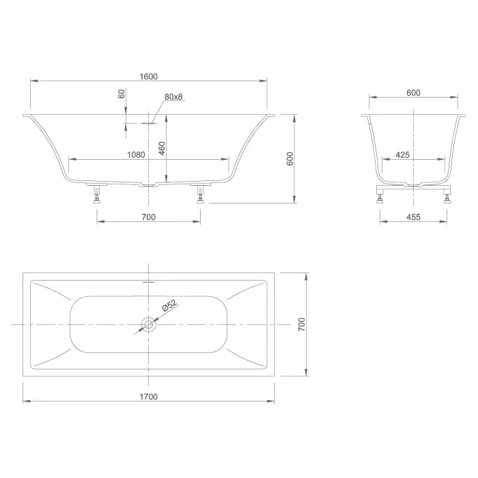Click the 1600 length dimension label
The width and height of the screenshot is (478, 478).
click(148, 76)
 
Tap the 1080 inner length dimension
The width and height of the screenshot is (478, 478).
click(136, 154)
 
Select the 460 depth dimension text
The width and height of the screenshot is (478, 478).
click(162, 148)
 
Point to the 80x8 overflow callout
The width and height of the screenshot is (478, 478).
click(173, 97)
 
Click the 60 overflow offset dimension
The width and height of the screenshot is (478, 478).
click(122, 94)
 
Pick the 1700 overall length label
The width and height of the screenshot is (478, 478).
click(148, 397)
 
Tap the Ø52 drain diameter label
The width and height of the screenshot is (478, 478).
click(169, 305)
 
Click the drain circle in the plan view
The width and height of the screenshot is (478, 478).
click(148, 324)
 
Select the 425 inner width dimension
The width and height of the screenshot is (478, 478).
click(402, 155)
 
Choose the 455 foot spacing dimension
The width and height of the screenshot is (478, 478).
click(413, 217)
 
